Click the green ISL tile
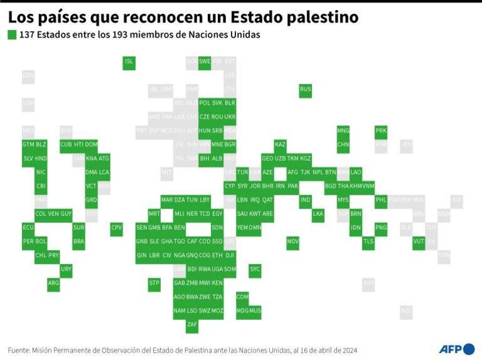(x=129, y=62)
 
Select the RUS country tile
(x=305, y=90)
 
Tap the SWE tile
(x=205, y=62)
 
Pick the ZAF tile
(x=192, y=324)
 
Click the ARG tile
(x=53, y=283)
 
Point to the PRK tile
(x=381, y=131)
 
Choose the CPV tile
(x=116, y=228)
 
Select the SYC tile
(x=255, y=269)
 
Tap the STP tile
(x=154, y=283)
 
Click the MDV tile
(x=293, y=242)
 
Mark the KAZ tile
(x=280, y=145)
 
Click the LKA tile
(x=318, y=214)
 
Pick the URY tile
(x=66, y=269)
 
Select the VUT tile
(x=419, y=242)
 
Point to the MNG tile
(x=343, y=131)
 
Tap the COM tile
(x=242, y=297)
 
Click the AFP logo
(x=456, y=349)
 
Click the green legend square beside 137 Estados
(x=12, y=35)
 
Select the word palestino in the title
(x=324, y=17)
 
